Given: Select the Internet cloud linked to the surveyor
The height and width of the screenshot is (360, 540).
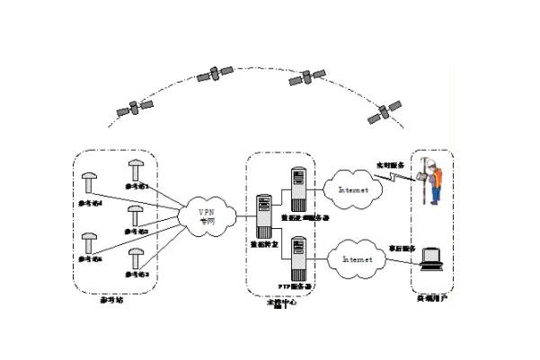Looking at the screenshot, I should tap(351, 189).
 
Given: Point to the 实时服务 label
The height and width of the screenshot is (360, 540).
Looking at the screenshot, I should tap(392, 165).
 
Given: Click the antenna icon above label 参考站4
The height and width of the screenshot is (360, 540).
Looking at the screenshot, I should tap(89, 182).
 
